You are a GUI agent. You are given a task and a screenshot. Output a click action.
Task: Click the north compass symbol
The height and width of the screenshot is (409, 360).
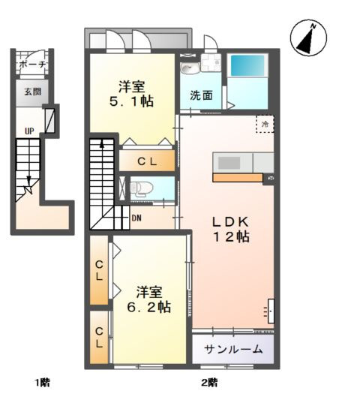coord(307,38)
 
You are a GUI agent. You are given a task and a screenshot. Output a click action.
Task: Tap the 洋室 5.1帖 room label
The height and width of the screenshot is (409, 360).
coord(133,93)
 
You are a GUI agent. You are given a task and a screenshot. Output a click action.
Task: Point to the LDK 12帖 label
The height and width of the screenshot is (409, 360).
coord(229,229)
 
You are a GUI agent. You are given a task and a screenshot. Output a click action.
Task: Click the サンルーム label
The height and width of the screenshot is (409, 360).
coord(233,348)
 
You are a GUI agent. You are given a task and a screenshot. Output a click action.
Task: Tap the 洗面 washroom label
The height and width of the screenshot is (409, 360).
coord(200,95)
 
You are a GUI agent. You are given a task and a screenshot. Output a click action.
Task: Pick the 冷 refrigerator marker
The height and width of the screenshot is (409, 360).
coord(265,124)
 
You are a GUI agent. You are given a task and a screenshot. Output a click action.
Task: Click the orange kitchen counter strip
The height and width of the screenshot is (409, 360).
coord(238,178)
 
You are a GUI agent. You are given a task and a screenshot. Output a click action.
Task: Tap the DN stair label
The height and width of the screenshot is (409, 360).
coord(136,218)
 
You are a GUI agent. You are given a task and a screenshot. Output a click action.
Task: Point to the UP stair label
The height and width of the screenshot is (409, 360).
coord(29,132)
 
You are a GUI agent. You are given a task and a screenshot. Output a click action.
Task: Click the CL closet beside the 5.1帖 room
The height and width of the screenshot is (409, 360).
coord(147,160)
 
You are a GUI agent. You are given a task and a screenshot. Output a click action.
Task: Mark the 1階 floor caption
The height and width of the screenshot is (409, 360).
coord(42,383)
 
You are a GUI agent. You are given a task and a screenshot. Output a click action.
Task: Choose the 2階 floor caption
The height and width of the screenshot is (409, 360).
coord(208,383)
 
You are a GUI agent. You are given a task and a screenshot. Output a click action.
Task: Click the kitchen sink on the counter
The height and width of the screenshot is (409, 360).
coord(228,162)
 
